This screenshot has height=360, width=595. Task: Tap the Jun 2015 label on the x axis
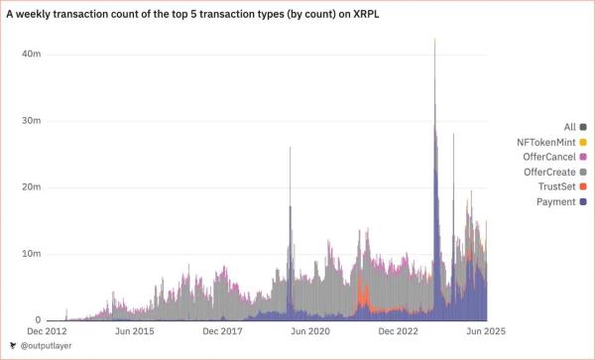134,330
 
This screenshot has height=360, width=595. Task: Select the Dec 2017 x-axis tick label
222,330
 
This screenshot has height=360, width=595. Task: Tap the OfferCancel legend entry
550,157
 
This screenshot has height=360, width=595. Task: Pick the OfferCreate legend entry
550,172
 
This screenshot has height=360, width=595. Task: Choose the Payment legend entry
556,201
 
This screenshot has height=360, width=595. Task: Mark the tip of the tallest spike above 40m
434,39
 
